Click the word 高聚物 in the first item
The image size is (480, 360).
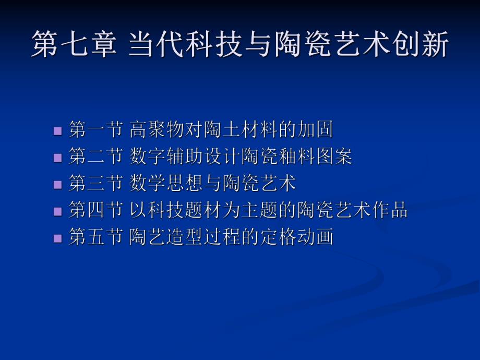point(157,129)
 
